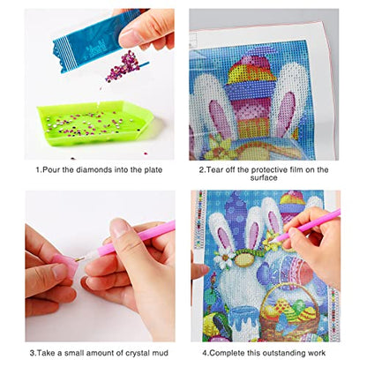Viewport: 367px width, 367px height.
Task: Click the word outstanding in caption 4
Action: tap(281, 350)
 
